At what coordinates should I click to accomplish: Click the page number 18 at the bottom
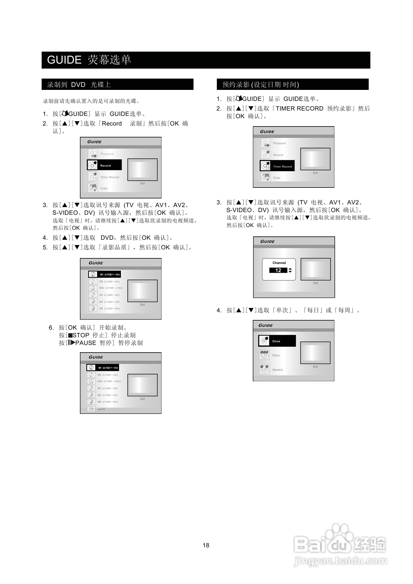206,545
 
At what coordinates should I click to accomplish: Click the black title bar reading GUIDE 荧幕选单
206,60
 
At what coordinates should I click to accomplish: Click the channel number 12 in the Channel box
278,270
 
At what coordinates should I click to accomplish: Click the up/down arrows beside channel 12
290,270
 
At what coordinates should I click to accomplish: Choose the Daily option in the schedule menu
276,355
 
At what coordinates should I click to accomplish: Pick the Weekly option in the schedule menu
277,370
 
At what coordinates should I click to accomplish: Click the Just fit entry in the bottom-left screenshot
101,409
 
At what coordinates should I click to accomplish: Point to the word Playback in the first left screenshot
107,154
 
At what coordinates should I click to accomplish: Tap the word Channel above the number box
279,263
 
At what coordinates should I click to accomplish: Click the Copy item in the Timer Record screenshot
276,177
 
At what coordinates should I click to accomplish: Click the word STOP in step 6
81,335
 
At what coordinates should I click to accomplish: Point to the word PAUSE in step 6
86,343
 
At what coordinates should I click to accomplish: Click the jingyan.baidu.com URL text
340,561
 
